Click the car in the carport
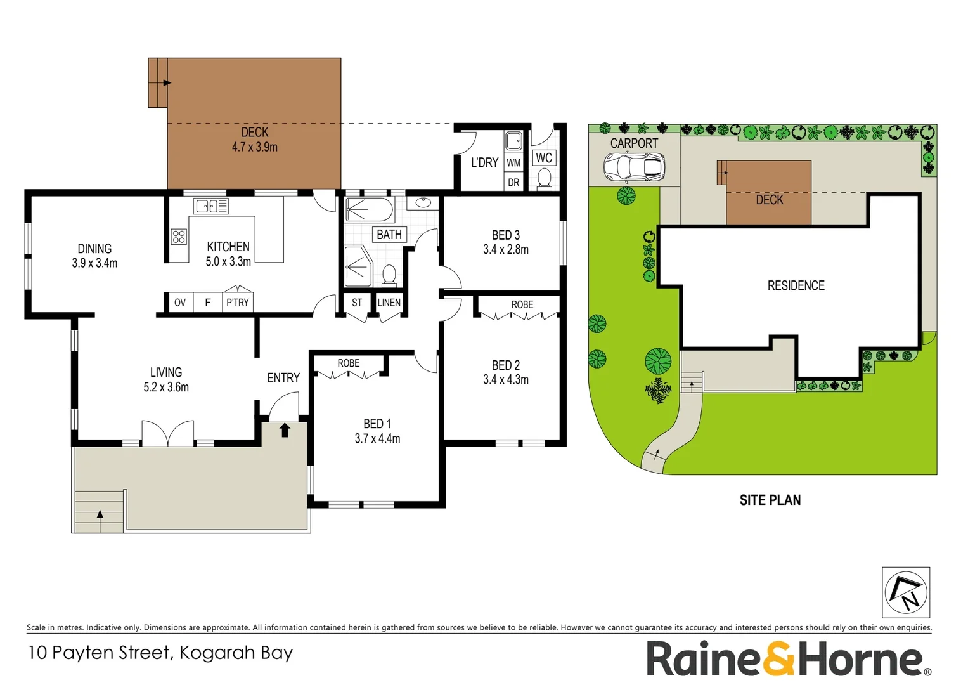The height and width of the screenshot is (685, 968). [x=634, y=168]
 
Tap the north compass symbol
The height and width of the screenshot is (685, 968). [x=906, y=592]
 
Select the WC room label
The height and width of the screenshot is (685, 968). [x=544, y=158]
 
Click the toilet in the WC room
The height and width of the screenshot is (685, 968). [x=544, y=178]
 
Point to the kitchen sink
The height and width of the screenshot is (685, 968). [x=211, y=206]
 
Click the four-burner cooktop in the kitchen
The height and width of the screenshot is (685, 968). [x=179, y=237]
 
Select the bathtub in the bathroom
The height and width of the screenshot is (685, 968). [x=369, y=210]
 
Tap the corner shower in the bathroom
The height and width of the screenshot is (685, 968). [x=358, y=266]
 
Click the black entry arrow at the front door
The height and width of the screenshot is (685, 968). [x=285, y=430]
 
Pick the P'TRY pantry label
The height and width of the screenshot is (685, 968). [x=238, y=303]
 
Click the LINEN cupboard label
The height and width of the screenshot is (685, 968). [x=389, y=303]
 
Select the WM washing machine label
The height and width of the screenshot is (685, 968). [x=513, y=163]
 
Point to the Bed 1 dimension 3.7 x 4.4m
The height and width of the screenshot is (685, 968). [x=377, y=438]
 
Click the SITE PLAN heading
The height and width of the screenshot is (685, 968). [x=770, y=500]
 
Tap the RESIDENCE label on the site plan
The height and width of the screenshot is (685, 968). [x=796, y=286]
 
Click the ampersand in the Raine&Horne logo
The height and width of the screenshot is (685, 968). [x=778, y=659]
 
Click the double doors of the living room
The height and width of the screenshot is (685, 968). [x=167, y=434]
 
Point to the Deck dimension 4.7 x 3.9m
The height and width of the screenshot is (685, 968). [x=254, y=147]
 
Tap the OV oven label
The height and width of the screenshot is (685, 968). [x=180, y=303]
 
